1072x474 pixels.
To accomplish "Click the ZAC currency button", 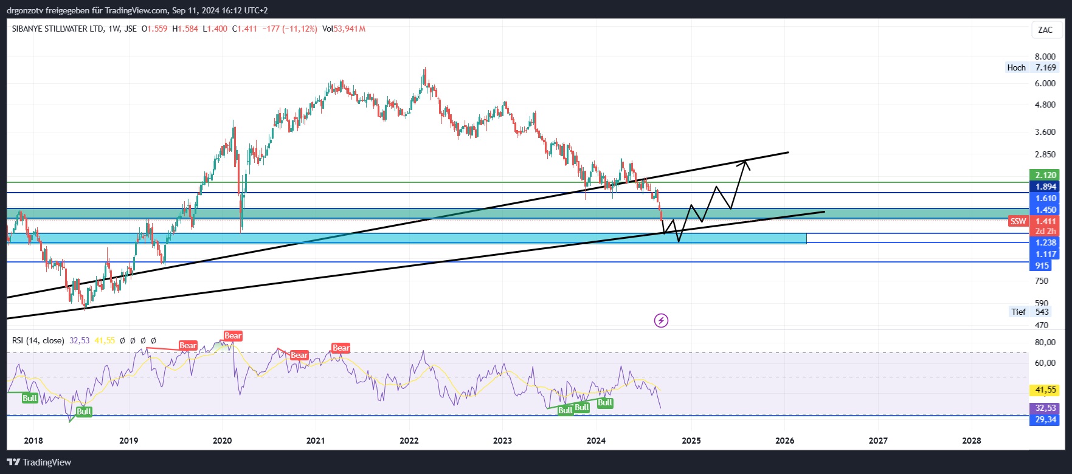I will point(1045,30).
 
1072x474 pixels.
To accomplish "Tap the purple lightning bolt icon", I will point(661,320).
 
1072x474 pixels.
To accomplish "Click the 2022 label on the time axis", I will point(409,441).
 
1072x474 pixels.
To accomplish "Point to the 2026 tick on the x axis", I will point(784,441).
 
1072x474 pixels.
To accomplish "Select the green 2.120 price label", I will point(1045,175).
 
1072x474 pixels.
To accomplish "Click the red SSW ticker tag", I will point(1018,221).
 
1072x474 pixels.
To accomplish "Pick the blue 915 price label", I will point(1042,266).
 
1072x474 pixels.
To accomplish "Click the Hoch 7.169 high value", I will point(1045,67).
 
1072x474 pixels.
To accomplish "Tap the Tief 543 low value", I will point(1042,312).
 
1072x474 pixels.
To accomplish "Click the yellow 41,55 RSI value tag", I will point(1045,390).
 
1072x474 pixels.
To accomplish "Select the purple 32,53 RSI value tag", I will point(1045,408).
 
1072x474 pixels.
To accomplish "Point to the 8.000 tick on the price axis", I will point(1045,57).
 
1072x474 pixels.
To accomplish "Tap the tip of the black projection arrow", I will point(745,160).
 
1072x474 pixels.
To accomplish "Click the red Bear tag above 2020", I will point(233,335).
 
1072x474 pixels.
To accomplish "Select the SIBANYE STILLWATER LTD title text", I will point(58,29).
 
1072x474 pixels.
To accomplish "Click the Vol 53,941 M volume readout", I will point(344,29).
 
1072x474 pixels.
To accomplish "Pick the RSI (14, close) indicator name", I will point(38,340).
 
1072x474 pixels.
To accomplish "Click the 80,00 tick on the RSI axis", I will point(1045,342).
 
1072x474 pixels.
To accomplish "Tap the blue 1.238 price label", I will point(1045,242).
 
